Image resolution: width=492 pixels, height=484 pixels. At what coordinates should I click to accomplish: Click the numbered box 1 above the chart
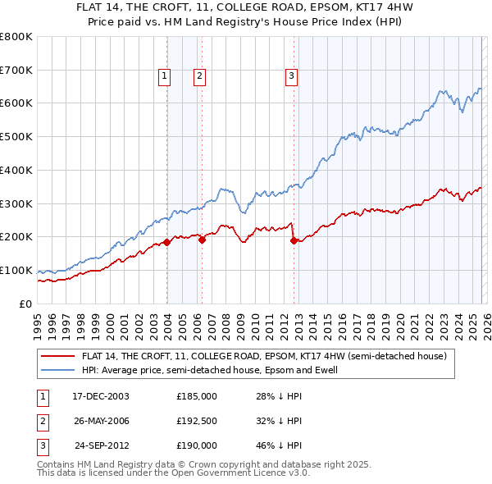(164, 76)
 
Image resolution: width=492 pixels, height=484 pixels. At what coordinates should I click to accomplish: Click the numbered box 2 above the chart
(199, 76)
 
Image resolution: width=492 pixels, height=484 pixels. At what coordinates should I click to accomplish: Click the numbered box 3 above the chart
(291, 76)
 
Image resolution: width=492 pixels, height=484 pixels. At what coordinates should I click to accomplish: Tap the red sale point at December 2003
(167, 242)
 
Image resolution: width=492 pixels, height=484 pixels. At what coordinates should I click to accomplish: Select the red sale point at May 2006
(203, 239)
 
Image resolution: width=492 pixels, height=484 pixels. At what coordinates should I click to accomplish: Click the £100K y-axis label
(16, 270)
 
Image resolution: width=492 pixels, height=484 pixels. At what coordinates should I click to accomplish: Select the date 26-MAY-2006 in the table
(101, 421)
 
